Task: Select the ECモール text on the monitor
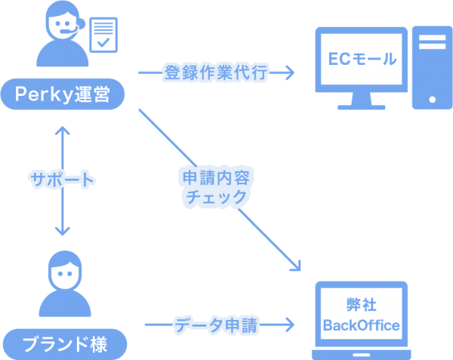point(362,58)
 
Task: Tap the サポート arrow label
point(62,180)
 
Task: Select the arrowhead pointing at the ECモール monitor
point(288,73)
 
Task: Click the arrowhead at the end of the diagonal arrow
point(296,266)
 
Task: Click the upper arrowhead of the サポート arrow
point(62,130)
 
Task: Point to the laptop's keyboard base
point(361,353)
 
